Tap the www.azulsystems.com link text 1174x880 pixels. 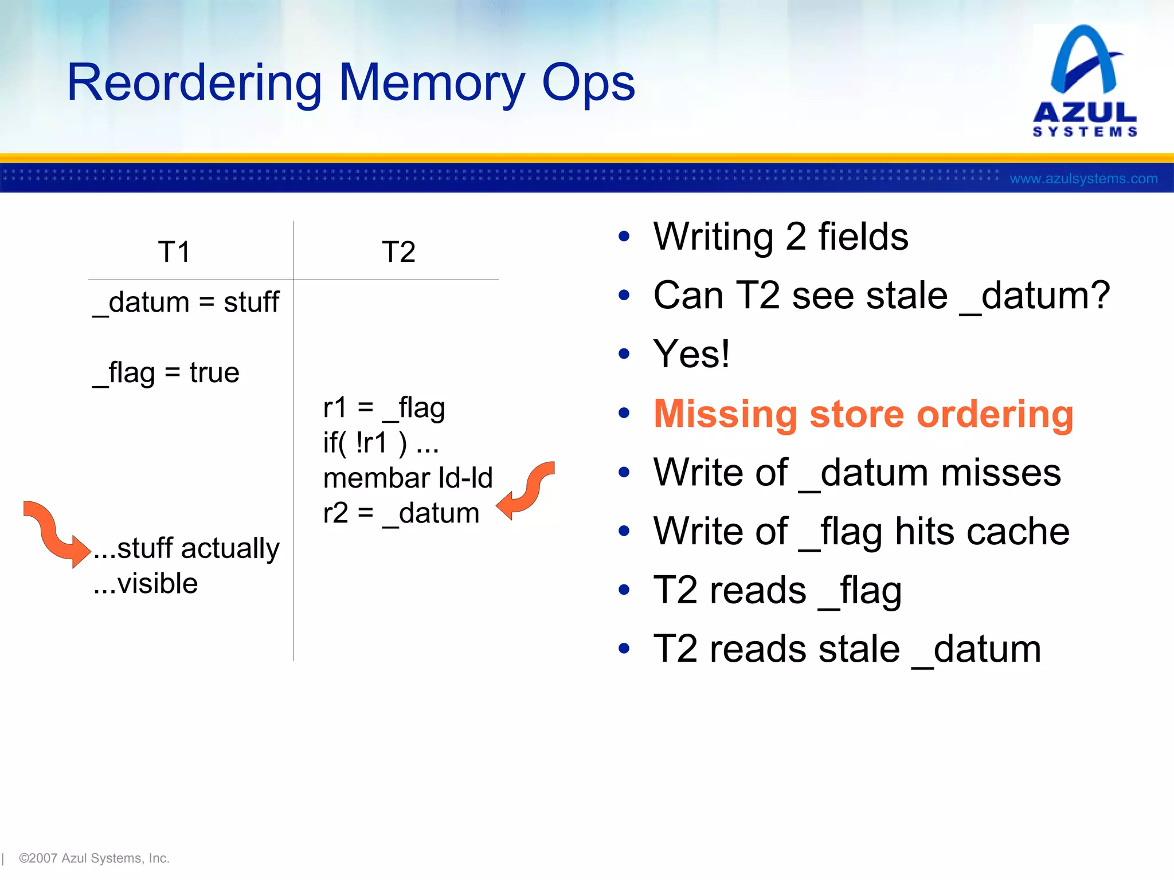coord(1083,179)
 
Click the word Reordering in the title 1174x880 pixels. coord(194,83)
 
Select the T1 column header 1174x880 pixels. coord(174,252)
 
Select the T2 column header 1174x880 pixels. coord(398,252)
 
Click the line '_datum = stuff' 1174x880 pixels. coord(186,302)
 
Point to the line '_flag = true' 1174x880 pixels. coord(166,373)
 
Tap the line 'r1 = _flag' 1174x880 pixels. coord(384,408)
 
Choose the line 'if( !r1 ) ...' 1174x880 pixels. coord(381,443)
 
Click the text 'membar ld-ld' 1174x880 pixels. coord(408,478)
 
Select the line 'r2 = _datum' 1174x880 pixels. coord(401,513)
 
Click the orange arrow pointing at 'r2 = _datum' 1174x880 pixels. coord(525,490)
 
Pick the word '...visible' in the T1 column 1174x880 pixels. coord(146,583)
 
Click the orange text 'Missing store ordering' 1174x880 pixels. coord(863,414)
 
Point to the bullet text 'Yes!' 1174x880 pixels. coord(691,354)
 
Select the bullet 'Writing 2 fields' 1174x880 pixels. coord(781,237)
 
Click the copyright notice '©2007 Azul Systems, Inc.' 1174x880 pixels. coord(94,858)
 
